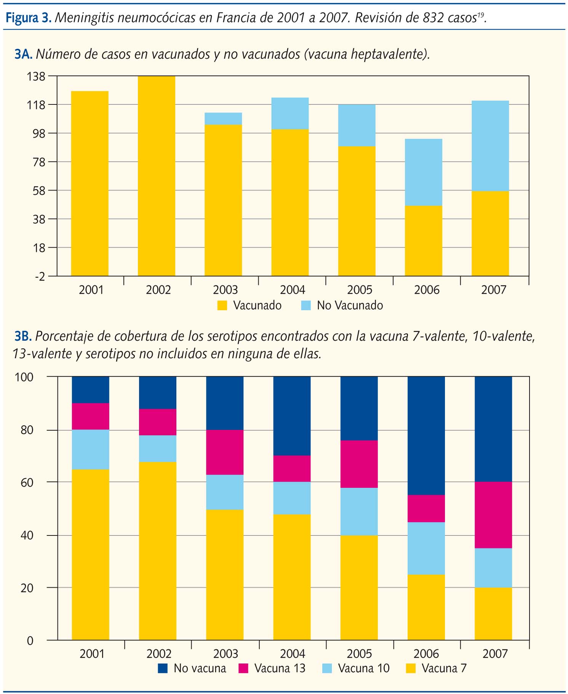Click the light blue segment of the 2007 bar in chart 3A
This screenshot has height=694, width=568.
pos(490,146)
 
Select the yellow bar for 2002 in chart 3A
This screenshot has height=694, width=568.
pos(157,176)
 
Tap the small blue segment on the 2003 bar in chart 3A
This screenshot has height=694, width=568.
pos(223,119)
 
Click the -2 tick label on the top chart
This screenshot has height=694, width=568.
pos(39,276)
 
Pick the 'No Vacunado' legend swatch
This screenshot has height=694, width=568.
pos(306,306)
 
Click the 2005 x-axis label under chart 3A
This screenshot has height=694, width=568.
pos(359,290)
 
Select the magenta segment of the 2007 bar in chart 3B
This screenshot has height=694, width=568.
pos(493,515)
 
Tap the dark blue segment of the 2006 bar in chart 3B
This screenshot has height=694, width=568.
pos(426,436)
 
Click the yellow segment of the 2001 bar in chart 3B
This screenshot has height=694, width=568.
pos(91,555)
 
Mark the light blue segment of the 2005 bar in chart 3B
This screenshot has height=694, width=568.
pos(359,511)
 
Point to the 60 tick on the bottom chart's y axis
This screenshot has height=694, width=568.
pos(27,482)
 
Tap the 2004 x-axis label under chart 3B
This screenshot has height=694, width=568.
pos(293,654)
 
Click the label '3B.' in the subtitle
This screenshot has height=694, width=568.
pos(22,337)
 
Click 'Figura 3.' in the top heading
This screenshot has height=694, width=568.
pos(29,18)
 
